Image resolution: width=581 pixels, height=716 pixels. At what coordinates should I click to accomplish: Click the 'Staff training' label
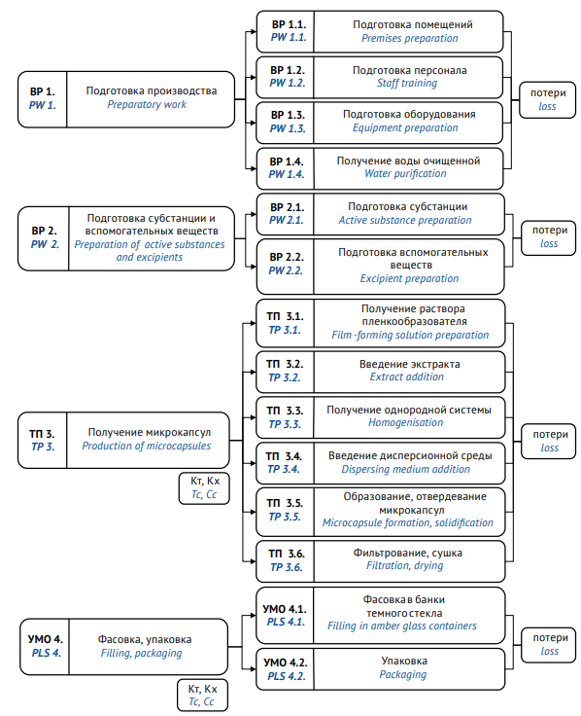pos(407,83)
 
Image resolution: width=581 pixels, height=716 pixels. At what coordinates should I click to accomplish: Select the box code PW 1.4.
pos(287,174)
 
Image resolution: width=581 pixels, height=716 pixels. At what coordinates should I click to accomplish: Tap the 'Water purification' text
pos(405,173)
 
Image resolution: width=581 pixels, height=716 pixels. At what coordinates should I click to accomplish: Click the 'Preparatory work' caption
pos(147,104)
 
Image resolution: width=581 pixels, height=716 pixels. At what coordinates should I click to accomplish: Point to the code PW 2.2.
pos(286,270)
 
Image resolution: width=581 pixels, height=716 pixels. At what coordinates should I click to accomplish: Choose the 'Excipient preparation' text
pos(410,278)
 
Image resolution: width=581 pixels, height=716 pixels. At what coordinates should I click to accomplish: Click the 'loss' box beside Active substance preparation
pos(548,238)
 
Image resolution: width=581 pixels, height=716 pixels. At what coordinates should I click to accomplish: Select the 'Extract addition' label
pos(407,376)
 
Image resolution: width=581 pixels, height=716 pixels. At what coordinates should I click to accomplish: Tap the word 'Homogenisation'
pos(405,423)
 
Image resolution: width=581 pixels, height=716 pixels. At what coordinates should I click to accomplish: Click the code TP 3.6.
pos(287,567)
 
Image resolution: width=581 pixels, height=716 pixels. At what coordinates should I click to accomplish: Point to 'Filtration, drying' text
pos(405,566)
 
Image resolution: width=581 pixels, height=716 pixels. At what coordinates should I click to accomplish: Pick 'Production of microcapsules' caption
pos(147,446)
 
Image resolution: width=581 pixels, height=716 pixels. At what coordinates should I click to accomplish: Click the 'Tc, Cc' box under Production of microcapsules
pos(204,488)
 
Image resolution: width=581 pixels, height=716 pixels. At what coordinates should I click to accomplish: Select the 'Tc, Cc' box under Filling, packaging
pos(202,696)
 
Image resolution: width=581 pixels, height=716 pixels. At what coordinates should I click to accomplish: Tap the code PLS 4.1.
pos(286,622)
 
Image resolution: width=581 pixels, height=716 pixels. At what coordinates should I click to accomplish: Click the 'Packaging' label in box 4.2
pos(402,674)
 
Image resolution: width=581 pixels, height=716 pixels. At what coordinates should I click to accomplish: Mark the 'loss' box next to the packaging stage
pos(549,645)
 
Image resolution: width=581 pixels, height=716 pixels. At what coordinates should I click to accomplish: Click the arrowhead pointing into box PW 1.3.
pos(254,123)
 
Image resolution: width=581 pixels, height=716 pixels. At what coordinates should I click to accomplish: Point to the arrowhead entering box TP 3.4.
pos(254,463)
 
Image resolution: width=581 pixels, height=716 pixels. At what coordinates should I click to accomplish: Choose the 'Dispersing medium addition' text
pos(405,469)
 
